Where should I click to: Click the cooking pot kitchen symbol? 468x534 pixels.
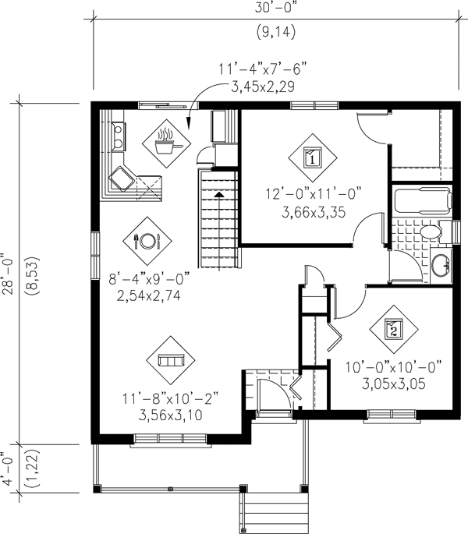(x=166, y=143)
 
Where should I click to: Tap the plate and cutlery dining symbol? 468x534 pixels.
(x=147, y=241)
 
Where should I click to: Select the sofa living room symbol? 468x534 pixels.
(x=171, y=360)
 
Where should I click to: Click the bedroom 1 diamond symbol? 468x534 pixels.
(x=313, y=157)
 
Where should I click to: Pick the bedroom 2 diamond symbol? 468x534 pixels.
(x=394, y=329)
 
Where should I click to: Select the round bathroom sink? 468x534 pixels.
(x=441, y=265)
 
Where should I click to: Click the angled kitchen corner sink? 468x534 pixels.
(x=121, y=178)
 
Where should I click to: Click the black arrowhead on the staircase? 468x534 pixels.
(x=219, y=194)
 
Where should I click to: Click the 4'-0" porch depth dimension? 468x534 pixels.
(x=8, y=469)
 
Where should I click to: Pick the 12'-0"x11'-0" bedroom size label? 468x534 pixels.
(x=314, y=195)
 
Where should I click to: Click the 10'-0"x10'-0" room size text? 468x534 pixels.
(x=394, y=367)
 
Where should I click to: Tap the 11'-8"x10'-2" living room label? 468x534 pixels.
(x=170, y=398)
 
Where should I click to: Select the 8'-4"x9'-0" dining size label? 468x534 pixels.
(x=149, y=279)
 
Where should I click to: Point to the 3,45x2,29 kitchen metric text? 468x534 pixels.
(x=262, y=87)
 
